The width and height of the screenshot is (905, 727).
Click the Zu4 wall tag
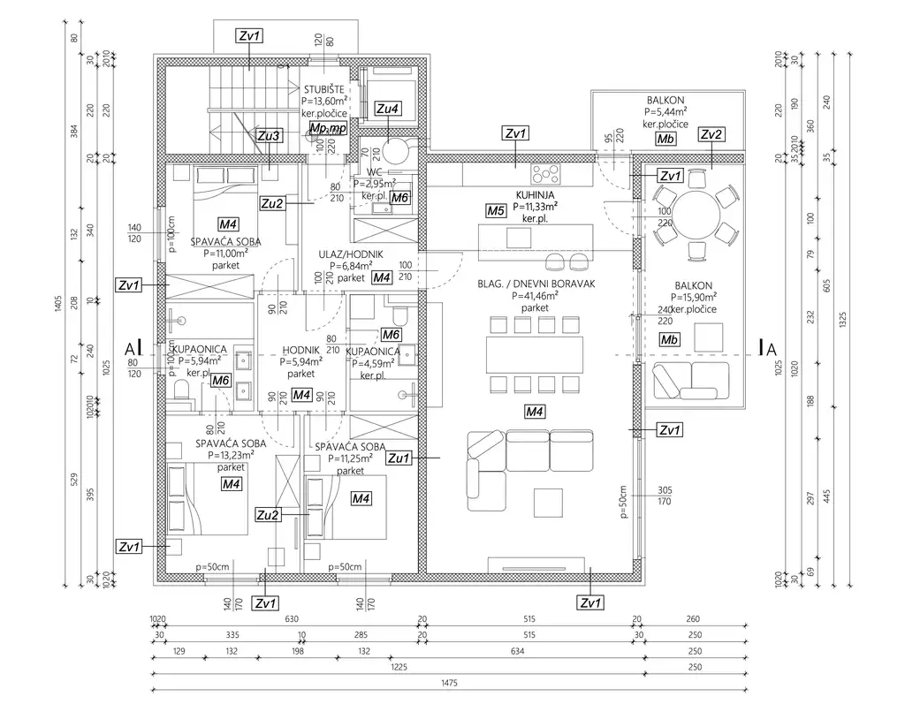[x=387, y=109]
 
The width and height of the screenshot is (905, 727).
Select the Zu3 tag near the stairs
[x=269, y=136]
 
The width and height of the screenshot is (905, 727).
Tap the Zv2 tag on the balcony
[x=711, y=134]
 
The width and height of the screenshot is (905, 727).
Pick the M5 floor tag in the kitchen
[x=496, y=211]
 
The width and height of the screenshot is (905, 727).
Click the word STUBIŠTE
[x=324, y=90]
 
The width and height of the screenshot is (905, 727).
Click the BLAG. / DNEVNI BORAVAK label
[x=535, y=284]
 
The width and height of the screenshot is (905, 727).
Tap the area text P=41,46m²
[x=536, y=297]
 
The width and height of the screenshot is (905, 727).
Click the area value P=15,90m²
[x=696, y=298]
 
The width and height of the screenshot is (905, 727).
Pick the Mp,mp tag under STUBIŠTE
[x=328, y=128]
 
